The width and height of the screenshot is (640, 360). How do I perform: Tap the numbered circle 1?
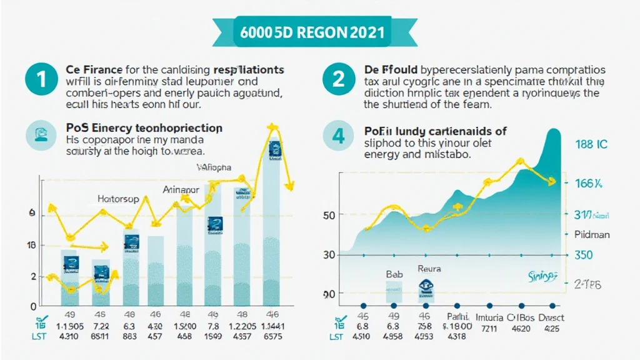click(x=41, y=79)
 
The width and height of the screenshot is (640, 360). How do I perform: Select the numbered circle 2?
click(x=338, y=79)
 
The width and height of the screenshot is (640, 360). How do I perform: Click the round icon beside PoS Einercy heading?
click(x=39, y=134)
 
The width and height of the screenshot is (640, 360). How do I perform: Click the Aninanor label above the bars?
click(x=181, y=189)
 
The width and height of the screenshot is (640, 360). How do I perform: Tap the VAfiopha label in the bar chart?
click(x=214, y=167)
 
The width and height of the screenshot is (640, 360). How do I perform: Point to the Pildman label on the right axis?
click(x=592, y=234)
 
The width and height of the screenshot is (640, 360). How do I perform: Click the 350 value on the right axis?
click(x=592, y=255)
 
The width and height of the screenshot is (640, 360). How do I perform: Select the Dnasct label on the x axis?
click(x=551, y=317)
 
